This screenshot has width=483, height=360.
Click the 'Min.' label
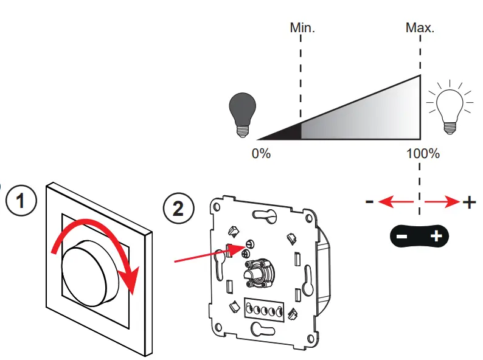point(302,28)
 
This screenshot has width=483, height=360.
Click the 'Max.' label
point(420,28)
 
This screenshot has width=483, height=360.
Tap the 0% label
point(261,153)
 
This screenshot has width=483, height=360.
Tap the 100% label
point(423,153)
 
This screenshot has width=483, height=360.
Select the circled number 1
point(21,201)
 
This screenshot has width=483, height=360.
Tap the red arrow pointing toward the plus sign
point(442,202)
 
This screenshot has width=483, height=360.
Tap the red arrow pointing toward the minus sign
point(395,202)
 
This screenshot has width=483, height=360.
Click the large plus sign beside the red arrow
point(469,202)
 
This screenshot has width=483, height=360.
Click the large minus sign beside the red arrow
point(370,202)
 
